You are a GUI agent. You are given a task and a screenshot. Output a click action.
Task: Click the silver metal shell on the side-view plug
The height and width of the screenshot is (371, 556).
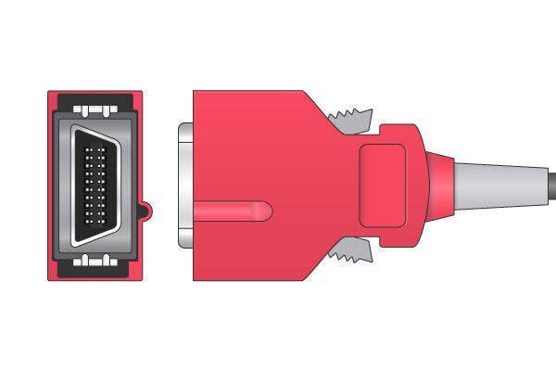coord(183,185)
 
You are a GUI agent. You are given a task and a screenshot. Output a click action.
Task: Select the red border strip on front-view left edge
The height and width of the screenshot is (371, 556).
coord(51,185)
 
